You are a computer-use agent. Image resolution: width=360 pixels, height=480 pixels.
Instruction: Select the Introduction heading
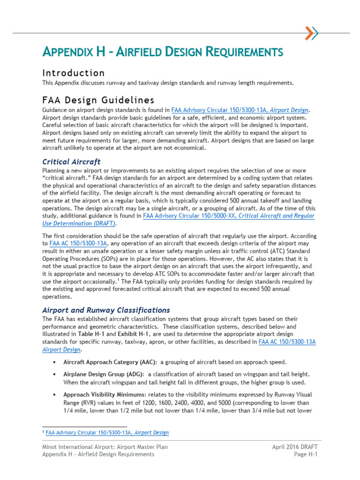tap(74, 73)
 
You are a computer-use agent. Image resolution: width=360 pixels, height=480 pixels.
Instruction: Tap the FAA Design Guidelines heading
tap(98, 100)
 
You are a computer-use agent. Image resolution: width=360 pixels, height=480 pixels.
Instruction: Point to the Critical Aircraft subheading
tap(71, 162)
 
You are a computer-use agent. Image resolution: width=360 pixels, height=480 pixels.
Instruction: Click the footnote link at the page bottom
tap(107, 433)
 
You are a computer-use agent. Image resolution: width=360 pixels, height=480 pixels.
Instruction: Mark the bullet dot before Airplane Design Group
tap(55, 375)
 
